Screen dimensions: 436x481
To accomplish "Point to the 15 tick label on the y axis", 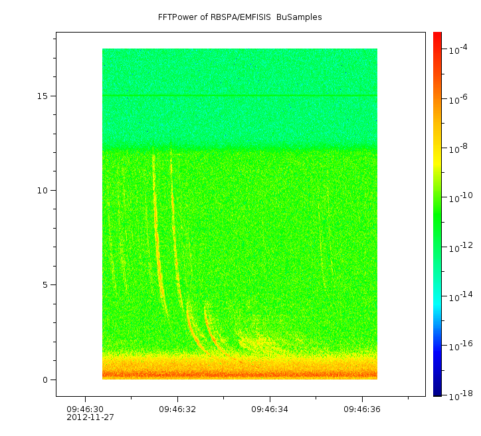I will point(42,96).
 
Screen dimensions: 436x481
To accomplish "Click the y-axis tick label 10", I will point(42,190).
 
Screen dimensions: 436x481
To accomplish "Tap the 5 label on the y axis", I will point(45,285).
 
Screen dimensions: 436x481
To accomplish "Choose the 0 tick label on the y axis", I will point(45,380).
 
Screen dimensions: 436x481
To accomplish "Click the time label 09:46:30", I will point(85,409).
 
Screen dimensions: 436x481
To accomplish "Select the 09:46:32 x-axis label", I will point(177,409).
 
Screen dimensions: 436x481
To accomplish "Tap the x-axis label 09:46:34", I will point(270,409).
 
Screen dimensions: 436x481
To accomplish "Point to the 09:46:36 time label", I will point(362,409).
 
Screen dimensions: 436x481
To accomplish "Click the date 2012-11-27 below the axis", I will point(90,417).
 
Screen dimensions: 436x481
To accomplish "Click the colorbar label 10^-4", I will point(459,50).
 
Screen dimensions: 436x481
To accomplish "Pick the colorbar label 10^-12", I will point(460,247).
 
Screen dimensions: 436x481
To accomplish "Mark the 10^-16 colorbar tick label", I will point(460,346).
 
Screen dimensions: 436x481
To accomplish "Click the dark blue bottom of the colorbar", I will point(437,393).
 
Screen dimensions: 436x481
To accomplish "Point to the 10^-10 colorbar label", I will point(460,198).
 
